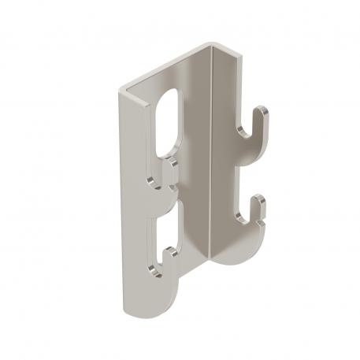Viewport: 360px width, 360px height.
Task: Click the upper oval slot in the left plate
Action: pos(168,121)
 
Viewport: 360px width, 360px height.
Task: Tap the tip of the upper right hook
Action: pos(268,114)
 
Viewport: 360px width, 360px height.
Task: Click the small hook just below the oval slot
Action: pos(168,167)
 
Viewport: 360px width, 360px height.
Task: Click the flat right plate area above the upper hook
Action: pos(228,87)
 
